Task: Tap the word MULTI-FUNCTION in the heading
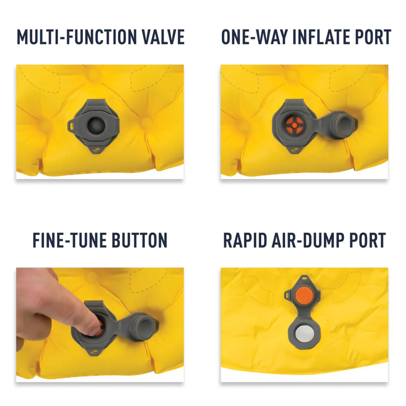tap(77, 37)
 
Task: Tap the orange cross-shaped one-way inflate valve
tap(295, 126)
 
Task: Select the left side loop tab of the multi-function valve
tap(72, 126)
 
